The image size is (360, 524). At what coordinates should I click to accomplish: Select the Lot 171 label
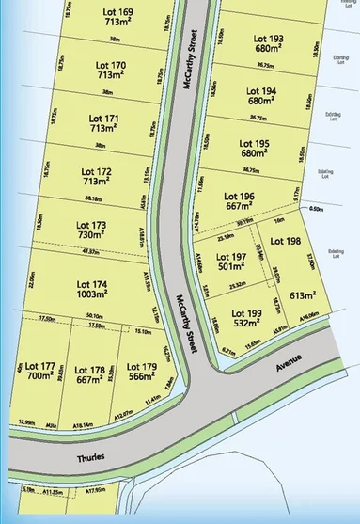click(x=104, y=119)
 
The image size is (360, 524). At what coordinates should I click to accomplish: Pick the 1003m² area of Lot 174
click(x=92, y=294)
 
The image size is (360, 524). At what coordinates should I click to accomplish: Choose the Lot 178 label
click(x=90, y=370)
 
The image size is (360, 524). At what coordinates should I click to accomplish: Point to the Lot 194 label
click(x=262, y=91)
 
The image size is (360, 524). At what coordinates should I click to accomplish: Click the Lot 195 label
click(x=256, y=143)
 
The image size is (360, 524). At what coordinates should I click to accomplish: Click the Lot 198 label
click(x=286, y=241)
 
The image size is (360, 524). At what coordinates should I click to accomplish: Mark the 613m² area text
click(x=302, y=294)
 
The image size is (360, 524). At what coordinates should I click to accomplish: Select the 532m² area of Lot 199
click(x=246, y=323)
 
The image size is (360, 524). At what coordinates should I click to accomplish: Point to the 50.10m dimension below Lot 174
click(x=93, y=316)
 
